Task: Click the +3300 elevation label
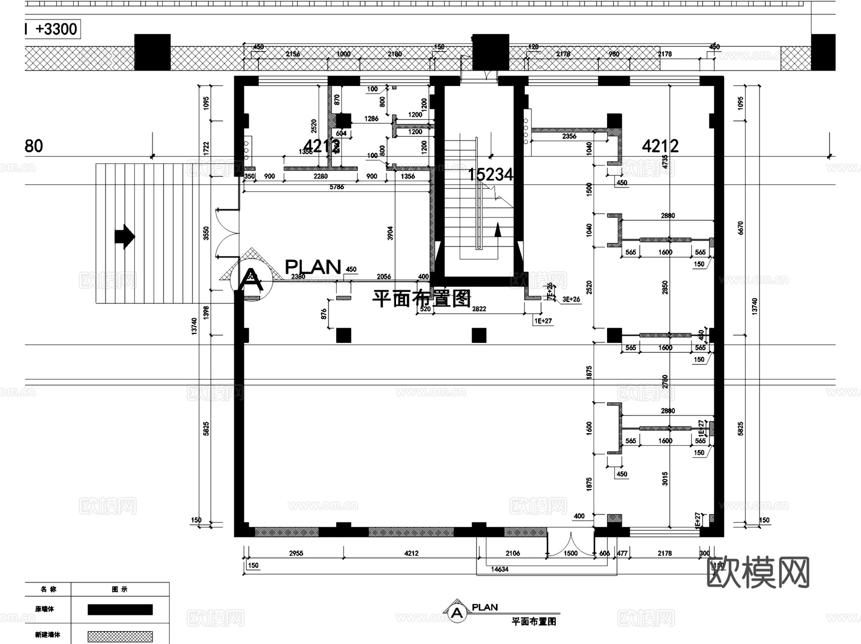tap(56, 29)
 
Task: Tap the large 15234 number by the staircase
tap(490, 175)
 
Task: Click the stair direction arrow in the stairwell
tap(497, 230)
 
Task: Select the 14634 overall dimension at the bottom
tap(499, 569)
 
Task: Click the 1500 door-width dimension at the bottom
tap(570, 553)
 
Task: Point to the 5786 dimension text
tap(336, 187)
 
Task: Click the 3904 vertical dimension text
tap(390, 233)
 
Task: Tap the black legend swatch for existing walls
tap(120, 609)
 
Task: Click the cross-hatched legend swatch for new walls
tap(120, 636)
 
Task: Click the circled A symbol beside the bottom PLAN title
tap(457, 612)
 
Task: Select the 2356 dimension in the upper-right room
tap(569, 136)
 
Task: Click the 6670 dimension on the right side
tap(740, 228)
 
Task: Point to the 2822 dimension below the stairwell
tap(479, 309)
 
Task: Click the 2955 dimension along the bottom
tap(296, 553)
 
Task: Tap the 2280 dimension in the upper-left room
tap(320, 176)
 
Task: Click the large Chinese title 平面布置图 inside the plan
tap(421, 298)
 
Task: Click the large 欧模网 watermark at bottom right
tap(758, 572)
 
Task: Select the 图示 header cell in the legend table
tap(120, 589)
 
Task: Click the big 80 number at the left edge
tap(33, 146)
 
